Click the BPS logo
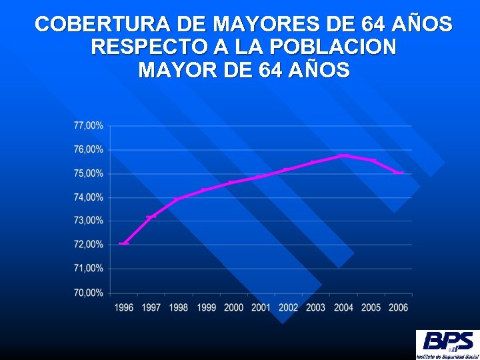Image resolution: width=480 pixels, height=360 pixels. (446, 344)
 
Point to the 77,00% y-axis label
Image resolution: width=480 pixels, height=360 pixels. (88, 125)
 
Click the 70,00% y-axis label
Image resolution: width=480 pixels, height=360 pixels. (88, 293)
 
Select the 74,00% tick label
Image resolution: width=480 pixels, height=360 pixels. (88, 197)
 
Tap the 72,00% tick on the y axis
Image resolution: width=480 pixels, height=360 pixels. (88, 245)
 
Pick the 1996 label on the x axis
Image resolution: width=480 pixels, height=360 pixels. (124, 307)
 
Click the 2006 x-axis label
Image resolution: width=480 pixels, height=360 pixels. (398, 307)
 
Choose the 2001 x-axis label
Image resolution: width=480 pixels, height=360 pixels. (261, 307)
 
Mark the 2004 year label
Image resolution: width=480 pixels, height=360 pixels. (343, 307)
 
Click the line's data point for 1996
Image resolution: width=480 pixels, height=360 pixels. (124, 243)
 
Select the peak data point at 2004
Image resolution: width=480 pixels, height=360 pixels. (343, 155)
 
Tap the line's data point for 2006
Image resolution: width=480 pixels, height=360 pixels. (398, 173)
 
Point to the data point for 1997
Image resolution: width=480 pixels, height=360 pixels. (151, 217)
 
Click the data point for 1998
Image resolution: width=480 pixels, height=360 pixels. (179, 199)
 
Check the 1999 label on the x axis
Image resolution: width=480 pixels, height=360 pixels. (206, 307)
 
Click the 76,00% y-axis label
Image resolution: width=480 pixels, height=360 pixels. (88, 149)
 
